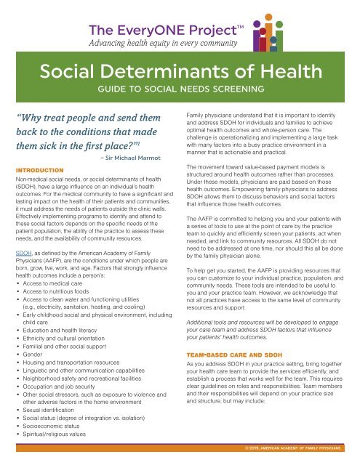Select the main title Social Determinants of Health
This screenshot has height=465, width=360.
point(180,71)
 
